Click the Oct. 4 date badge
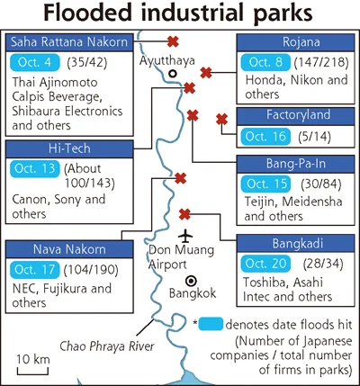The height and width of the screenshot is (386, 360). click(x=35, y=62)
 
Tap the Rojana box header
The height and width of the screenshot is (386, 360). click(x=296, y=42)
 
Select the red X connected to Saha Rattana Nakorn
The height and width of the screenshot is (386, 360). click(x=173, y=41)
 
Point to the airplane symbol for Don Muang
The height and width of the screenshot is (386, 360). click(x=185, y=236)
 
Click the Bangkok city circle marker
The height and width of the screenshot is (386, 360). click(x=191, y=281)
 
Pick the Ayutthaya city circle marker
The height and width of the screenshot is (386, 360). click(x=173, y=74)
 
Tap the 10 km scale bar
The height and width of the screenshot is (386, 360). click(x=32, y=372)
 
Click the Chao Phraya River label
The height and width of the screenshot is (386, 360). click(x=107, y=346)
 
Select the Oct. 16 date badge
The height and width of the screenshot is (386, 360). click(x=265, y=137)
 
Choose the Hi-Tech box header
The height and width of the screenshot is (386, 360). click(x=69, y=149)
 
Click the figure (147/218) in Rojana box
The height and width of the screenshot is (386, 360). click(x=321, y=62)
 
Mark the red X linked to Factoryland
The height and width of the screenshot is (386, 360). click(x=221, y=120)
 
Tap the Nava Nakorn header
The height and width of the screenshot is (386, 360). click(x=69, y=249)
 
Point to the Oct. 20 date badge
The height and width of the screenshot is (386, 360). click(x=265, y=264)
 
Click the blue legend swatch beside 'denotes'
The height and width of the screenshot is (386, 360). click(x=211, y=324)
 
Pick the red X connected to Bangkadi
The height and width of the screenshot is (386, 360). click(x=184, y=214)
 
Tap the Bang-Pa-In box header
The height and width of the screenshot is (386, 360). click(x=296, y=164)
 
